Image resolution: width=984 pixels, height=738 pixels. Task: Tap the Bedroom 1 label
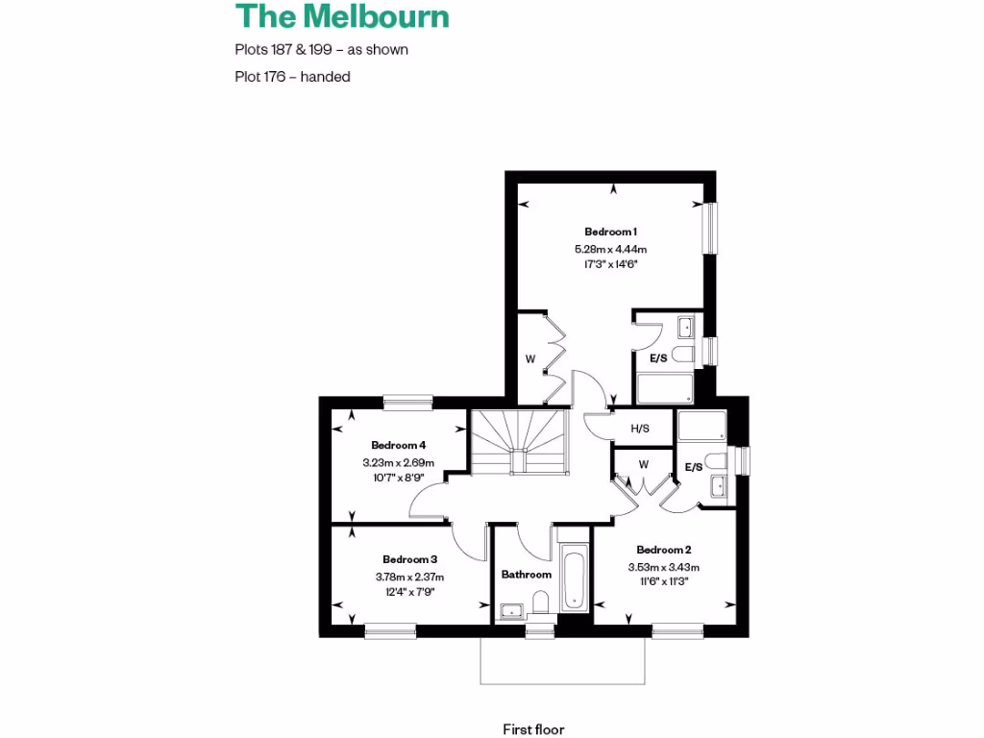(x=610, y=232)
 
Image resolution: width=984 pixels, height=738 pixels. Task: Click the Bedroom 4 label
(x=398, y=445)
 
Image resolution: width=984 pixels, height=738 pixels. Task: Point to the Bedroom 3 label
(x=409, y=559)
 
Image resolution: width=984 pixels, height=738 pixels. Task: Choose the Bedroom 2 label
(x=663, y=550)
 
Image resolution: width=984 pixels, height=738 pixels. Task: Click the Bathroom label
(x=527, y=575)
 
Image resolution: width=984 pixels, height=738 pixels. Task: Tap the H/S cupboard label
(x=639, y=429)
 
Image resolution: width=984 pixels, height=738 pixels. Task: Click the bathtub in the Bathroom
(x=573, y=578)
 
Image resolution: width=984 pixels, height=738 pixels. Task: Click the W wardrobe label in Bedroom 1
(x=529, y=358)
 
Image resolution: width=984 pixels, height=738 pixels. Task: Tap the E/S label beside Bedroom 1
(x=658, y=358)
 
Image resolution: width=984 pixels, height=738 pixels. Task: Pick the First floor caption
(x=540, y=729)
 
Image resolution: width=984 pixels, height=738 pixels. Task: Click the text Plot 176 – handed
(x=292, y=77)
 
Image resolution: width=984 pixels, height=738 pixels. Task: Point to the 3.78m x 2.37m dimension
(x=409, y=577)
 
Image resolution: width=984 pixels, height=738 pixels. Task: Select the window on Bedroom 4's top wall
(x=406, y=401)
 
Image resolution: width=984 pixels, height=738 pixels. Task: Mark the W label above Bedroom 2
(x=643, y=465)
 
